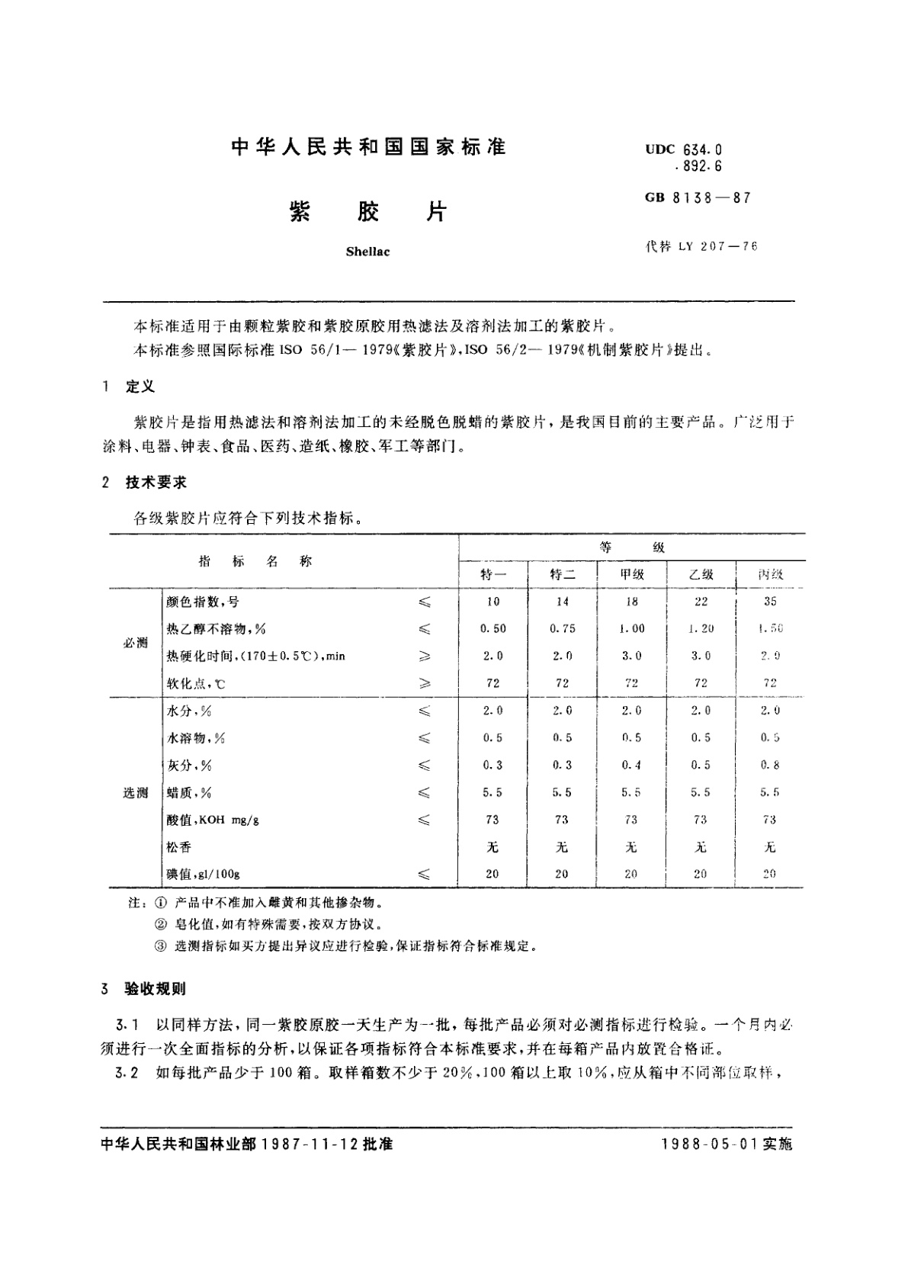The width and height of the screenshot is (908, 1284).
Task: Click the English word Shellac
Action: coord(367,252)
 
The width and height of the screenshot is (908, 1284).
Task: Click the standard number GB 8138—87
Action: coord(698,197)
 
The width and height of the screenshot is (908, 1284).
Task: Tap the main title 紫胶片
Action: coord(368,212)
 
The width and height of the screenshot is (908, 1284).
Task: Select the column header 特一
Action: coord(493,575)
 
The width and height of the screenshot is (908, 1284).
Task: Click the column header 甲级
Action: coord(632,575)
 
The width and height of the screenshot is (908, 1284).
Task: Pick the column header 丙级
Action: coord(770,575)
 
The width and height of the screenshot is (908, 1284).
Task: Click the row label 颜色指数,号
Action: coord(202,602)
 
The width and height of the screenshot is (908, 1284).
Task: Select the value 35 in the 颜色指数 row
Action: coord(770,602)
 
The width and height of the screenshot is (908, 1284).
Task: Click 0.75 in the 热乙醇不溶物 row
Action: coord(562,629)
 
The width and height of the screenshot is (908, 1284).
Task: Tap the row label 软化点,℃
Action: coord(196,684)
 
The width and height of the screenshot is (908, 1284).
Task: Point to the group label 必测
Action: coord(135,643)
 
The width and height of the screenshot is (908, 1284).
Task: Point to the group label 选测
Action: coord(135,793)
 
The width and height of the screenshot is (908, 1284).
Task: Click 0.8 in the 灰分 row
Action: coord(770,766)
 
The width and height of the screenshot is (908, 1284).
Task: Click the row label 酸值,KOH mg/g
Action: coord(213,820)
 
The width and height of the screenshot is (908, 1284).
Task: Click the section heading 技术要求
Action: coord(156,483)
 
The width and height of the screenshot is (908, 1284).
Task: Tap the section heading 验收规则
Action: coord(156,990)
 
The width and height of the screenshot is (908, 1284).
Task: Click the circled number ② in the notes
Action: coord(159,925)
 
